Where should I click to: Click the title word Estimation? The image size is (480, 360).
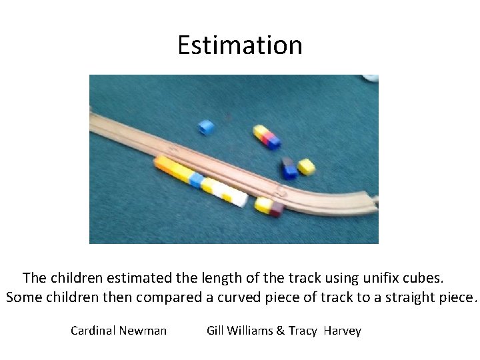tap(240, 45)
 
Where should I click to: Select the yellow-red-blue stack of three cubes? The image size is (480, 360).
tap(266, 135)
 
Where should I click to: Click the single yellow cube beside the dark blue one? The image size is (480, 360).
tap(306, 166)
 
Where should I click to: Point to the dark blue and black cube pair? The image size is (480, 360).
tap(288, 168)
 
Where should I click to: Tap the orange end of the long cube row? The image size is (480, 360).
tap(161, 163)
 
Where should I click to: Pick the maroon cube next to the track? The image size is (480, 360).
tap(276, 210)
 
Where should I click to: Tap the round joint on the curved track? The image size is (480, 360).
tap(282, 194)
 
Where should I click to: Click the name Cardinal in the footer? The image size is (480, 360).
tap(93, 331)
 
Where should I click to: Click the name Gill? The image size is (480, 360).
tap(215, 331)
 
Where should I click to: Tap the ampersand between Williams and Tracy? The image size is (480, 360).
tap(280, 331)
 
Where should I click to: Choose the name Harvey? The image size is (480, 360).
tap(342, 331)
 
